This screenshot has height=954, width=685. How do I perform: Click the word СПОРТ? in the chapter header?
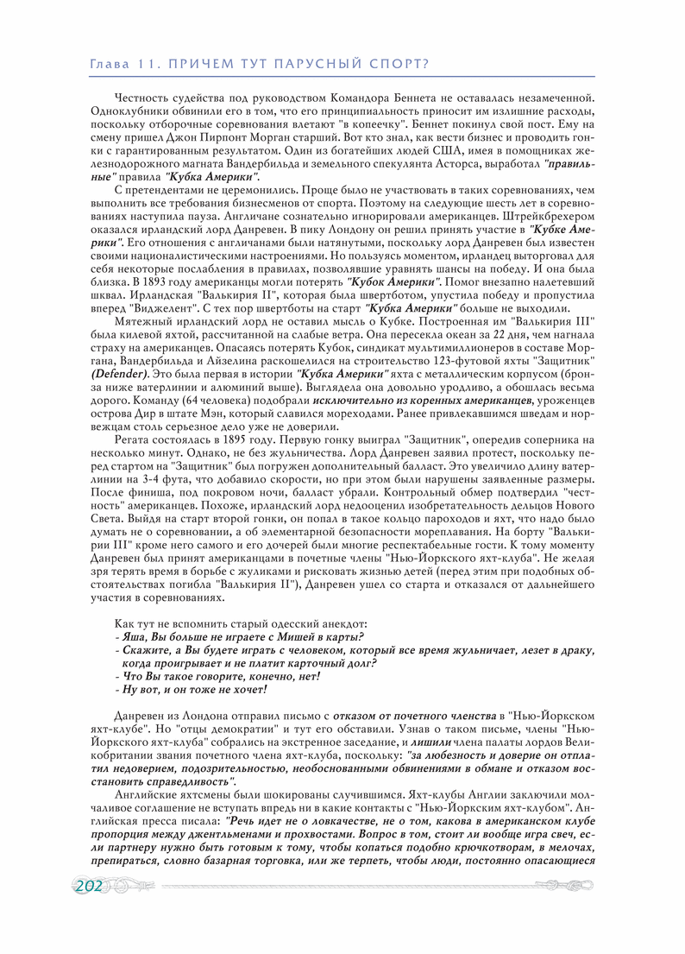(x=400, y=65)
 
